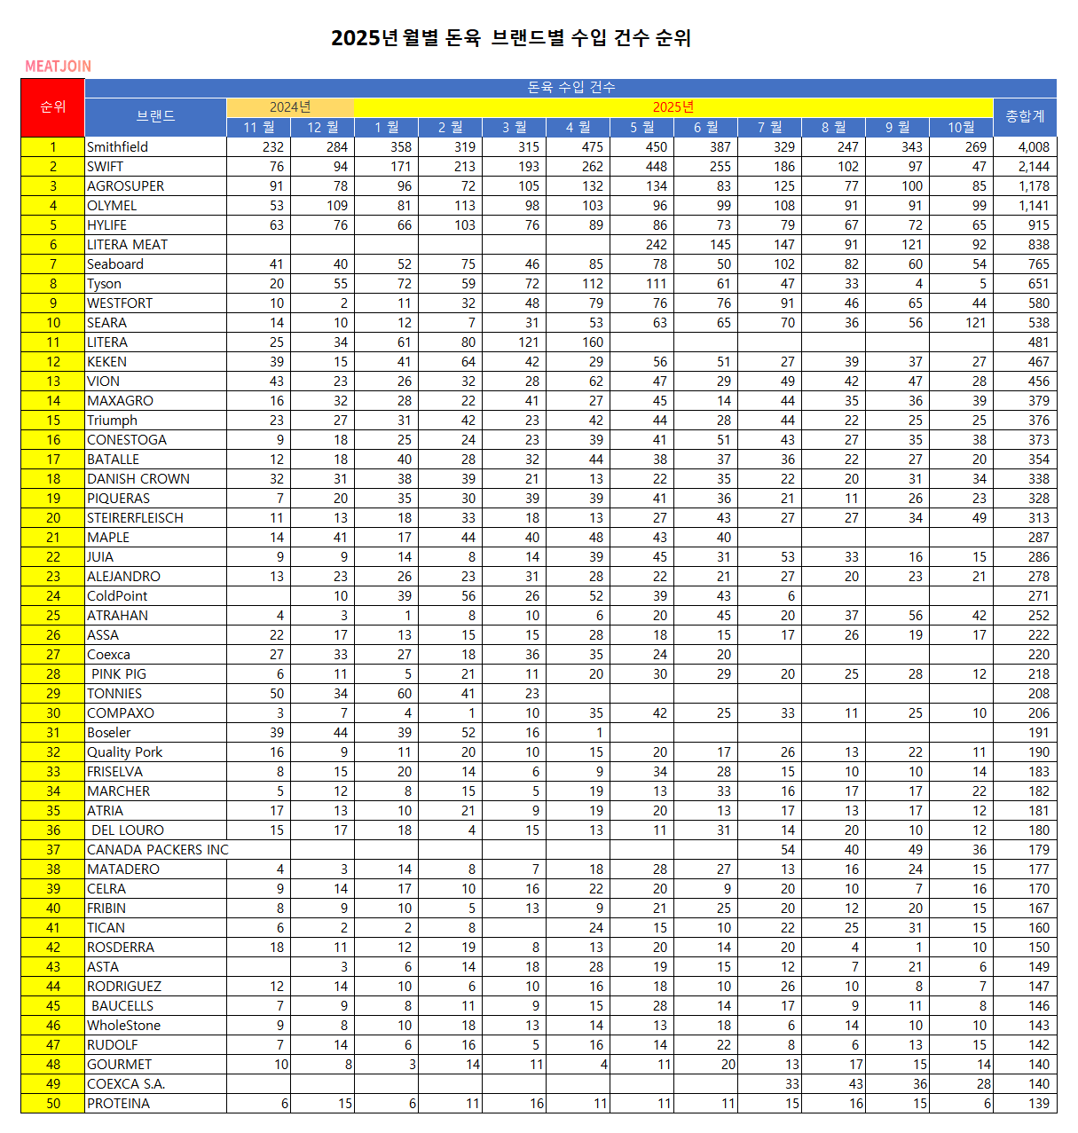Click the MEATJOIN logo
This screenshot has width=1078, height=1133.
58,67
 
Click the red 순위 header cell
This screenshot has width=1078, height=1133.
52,107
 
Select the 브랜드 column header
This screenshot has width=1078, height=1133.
155,116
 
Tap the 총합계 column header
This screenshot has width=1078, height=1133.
1025,116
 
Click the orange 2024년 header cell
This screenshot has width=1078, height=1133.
290,107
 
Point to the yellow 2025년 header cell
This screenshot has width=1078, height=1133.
673,107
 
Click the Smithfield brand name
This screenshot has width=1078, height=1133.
118,147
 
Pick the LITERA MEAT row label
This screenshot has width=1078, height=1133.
128,245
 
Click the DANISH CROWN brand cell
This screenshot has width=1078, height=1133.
138,479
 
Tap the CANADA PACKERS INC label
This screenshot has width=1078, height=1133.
157,850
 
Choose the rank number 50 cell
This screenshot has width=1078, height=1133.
53,1104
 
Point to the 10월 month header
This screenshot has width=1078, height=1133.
961,127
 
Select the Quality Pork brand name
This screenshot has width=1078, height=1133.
125,752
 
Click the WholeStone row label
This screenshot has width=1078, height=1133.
124,1026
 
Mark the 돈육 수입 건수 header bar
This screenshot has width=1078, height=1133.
570,87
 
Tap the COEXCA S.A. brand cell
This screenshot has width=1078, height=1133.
126,1084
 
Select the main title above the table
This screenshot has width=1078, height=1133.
511,37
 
